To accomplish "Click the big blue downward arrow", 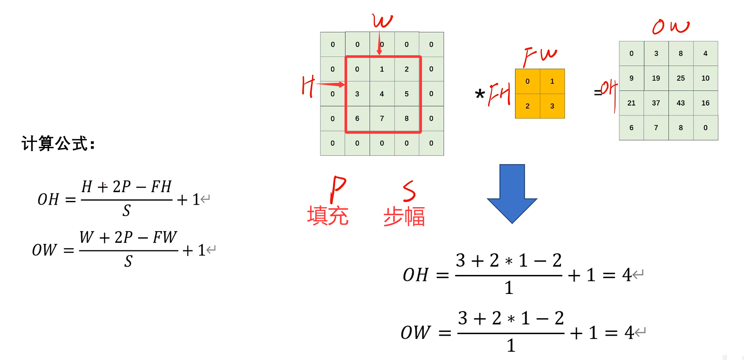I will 512,193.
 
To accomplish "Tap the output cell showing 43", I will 680,103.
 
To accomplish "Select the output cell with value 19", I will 656,78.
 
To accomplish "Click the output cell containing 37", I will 656,103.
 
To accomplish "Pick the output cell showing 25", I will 680,78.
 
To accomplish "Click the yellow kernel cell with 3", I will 552,106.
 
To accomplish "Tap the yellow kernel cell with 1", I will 552,81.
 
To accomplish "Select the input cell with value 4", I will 381,94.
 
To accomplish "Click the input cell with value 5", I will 406,94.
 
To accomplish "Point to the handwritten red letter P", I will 337,189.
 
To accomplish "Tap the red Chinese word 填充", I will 327,216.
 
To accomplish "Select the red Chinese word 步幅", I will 404,216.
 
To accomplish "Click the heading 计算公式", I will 58,144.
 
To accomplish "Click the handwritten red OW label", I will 670,27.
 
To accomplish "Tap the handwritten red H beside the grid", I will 308,86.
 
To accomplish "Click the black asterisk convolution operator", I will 480,94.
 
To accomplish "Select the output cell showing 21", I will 631,103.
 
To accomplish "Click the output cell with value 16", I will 705,103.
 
